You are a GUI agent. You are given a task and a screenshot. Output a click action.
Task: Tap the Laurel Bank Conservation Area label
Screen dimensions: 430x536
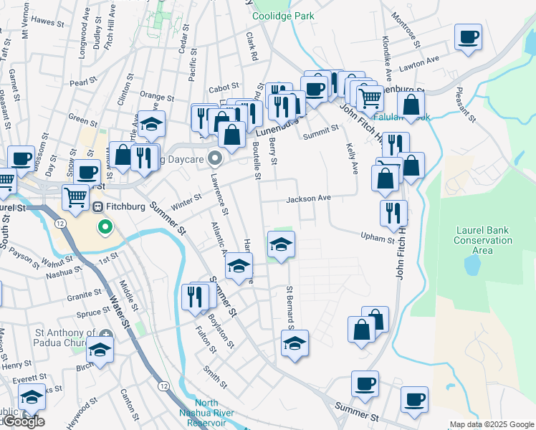point(484,240)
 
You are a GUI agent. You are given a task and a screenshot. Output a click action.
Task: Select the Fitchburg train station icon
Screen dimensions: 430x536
point(98,206)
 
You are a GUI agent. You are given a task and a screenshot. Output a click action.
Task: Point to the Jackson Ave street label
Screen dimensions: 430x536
point(309,199)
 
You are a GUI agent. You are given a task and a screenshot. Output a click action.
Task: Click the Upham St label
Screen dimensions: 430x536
point(377,236)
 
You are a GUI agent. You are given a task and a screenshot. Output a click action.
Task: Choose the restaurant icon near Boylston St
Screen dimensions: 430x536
point(195,296)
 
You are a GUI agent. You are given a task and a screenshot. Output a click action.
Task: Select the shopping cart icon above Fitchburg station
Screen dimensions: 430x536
point(75,196)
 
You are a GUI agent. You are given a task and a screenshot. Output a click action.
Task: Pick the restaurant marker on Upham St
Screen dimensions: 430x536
point(393,213)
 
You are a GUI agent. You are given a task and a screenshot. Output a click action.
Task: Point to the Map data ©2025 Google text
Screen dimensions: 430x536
point(492,424)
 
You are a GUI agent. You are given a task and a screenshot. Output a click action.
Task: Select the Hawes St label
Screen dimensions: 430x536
point(48,21)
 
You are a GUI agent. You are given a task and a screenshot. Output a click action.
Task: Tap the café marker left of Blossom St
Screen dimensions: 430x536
point(21,158)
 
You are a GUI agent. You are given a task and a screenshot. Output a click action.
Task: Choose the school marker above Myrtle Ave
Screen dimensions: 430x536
point(151,123)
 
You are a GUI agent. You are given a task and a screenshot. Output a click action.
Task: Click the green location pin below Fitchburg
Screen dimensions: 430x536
point(105,229)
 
